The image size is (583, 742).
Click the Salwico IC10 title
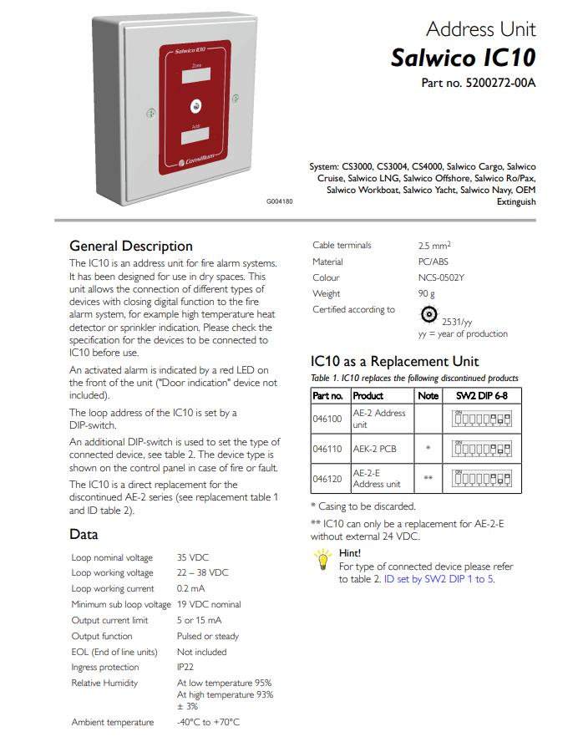[x=463, y=58]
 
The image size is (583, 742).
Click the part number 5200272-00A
[x=479, y=84]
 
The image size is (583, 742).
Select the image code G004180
[x=280, y=201]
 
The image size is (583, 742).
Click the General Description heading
[x=131, y=246]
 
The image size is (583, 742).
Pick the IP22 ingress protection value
[x=185, y=668]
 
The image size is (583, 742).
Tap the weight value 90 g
[x=427, y=293]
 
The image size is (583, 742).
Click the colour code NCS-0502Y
[x=442, y=277]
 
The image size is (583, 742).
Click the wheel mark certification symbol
[x=429, y=313]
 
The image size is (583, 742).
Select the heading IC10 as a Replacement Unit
[x=395, y=361]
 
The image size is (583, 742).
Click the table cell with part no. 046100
[x=327, y=419]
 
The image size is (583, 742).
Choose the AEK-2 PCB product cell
[x=374, y=449]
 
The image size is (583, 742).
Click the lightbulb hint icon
[x=322, y=563]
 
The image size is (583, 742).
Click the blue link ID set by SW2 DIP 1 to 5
[x=439, y=578]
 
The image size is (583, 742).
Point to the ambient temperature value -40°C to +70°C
[x=209, y=722]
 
